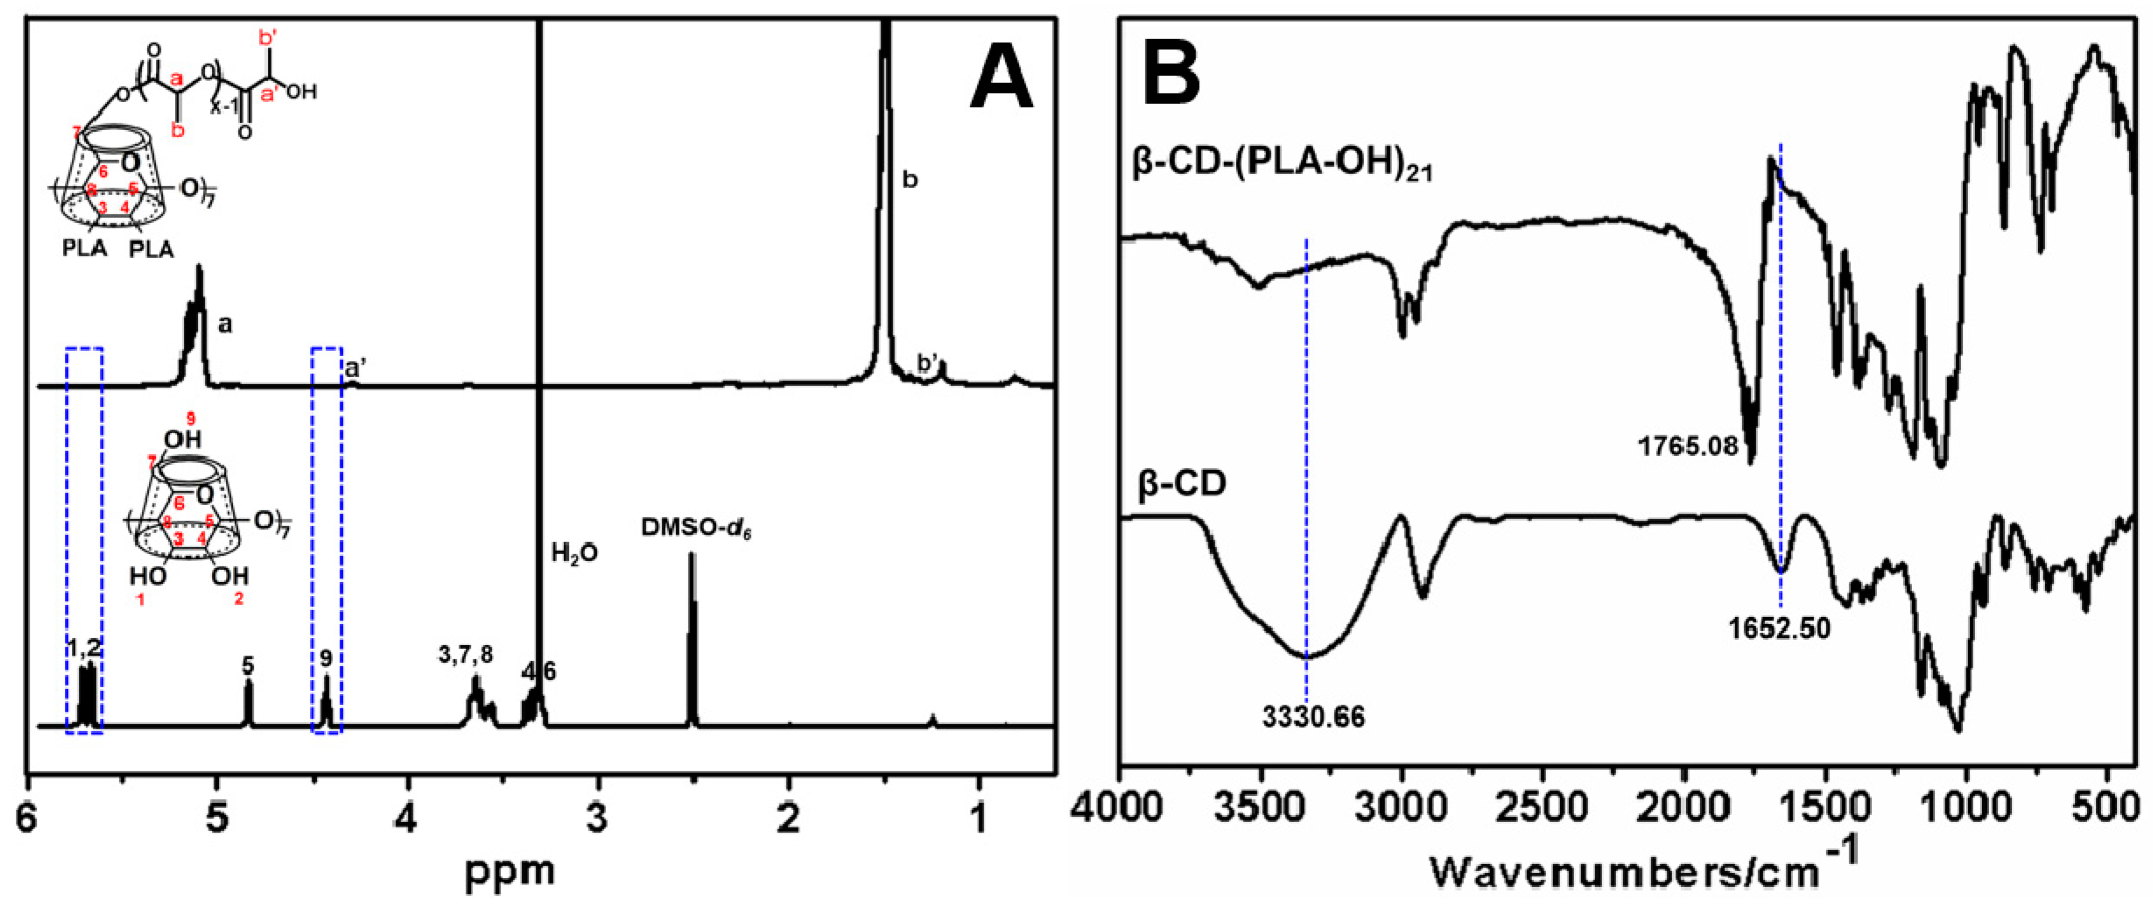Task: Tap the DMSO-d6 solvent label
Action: pos(695,528)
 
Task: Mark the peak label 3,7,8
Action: pos(466,655)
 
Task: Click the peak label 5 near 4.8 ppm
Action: pos(248,666)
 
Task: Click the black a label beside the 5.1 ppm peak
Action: pos(224,325)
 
